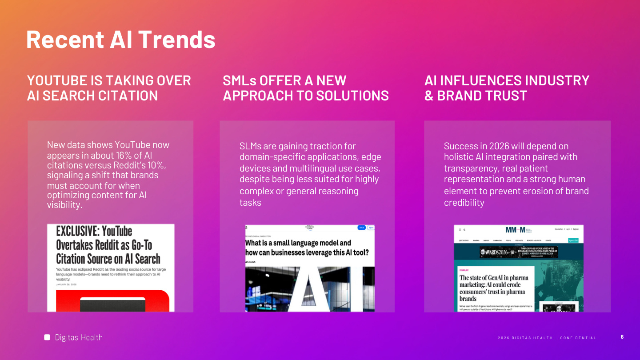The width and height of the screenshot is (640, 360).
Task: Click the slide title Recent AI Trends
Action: click(x=120, y=39)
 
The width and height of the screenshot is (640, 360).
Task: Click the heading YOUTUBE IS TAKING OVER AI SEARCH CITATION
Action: click(x=109, y=88)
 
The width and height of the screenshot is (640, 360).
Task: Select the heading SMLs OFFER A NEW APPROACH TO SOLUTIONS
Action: click(x=305, y=88)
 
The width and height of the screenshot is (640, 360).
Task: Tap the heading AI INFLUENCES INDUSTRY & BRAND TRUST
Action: click(x=507, y=88)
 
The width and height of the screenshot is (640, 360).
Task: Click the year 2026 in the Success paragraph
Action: click(x=499, y=146)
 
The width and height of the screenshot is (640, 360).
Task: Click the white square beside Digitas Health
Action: click(x=47, y=337)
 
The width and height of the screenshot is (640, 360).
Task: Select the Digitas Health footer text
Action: click(x=79, y=338)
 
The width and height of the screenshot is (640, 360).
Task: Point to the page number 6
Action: click(x=622, y=337)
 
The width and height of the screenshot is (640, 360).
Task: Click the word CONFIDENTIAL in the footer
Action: click(x=578, y=338)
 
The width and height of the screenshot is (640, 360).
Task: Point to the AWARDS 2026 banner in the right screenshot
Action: click(x=519, y=252)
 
